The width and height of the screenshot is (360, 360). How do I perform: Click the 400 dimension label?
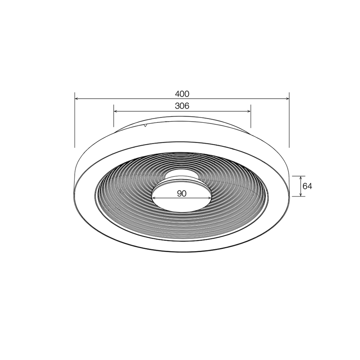(182, 94)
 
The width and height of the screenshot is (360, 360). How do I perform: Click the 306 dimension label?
(182, 106)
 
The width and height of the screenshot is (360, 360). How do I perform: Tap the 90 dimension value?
(182, 194)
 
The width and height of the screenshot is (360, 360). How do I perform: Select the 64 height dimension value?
(307, 186)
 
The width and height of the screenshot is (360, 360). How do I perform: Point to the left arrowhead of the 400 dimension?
(77, 99)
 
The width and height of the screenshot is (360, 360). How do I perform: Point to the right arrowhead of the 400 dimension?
(287, 99)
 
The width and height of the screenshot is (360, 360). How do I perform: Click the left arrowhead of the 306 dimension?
(116, 111)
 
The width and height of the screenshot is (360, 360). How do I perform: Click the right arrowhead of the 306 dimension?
(248, 111)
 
